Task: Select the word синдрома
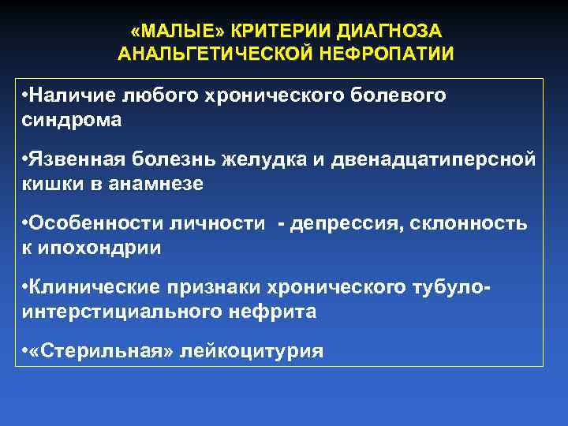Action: (73, 120)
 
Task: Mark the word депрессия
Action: (346, 224)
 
